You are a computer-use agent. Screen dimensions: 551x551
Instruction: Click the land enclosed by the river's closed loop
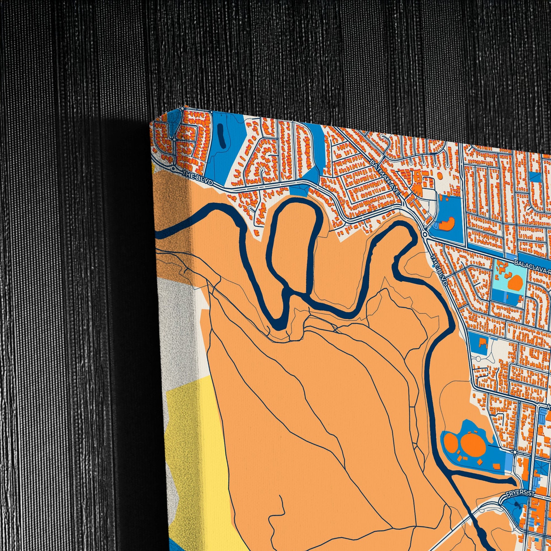[291, 251]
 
